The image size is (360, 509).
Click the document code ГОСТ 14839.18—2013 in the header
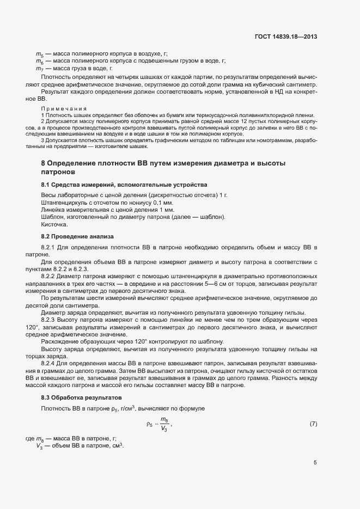pyautogui.click(x=285, y=37)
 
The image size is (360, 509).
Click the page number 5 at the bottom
pyautogui.click(x=315, y=463)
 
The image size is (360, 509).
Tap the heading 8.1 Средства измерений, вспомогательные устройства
pyautogui.click(x=124, y=185)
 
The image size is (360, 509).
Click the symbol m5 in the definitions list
pyautogui.click(x=40, y=54)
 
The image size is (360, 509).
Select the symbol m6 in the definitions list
pyautogui.click(x=40, y=61)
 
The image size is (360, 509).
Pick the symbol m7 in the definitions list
pyautogui.click(x=40, y=69)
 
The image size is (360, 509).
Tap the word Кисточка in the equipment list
pyautogui.click(x=54, y=224)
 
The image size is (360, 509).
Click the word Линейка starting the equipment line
pyautogui.click(x=53, y=210)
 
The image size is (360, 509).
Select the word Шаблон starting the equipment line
pyautogui.click(x=52, y=217)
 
